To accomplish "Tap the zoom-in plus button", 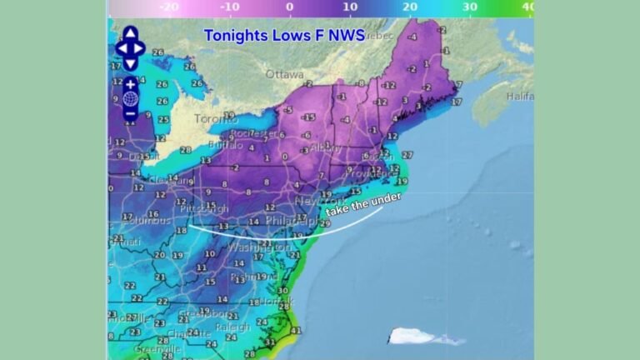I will pos(131,85).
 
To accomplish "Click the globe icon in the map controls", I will pos(131,99).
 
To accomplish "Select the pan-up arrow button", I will pos(131,34).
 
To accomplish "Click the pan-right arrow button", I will pos(142,47).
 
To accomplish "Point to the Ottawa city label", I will pos(284,74).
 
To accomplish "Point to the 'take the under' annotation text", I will pos(363,205).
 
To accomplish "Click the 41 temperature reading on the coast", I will pos(295,330).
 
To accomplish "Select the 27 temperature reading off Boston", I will pos(407,155).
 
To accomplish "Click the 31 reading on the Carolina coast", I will pos(269,342).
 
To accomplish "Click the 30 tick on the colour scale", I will pos(469,7).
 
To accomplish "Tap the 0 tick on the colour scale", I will pos(289,7).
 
